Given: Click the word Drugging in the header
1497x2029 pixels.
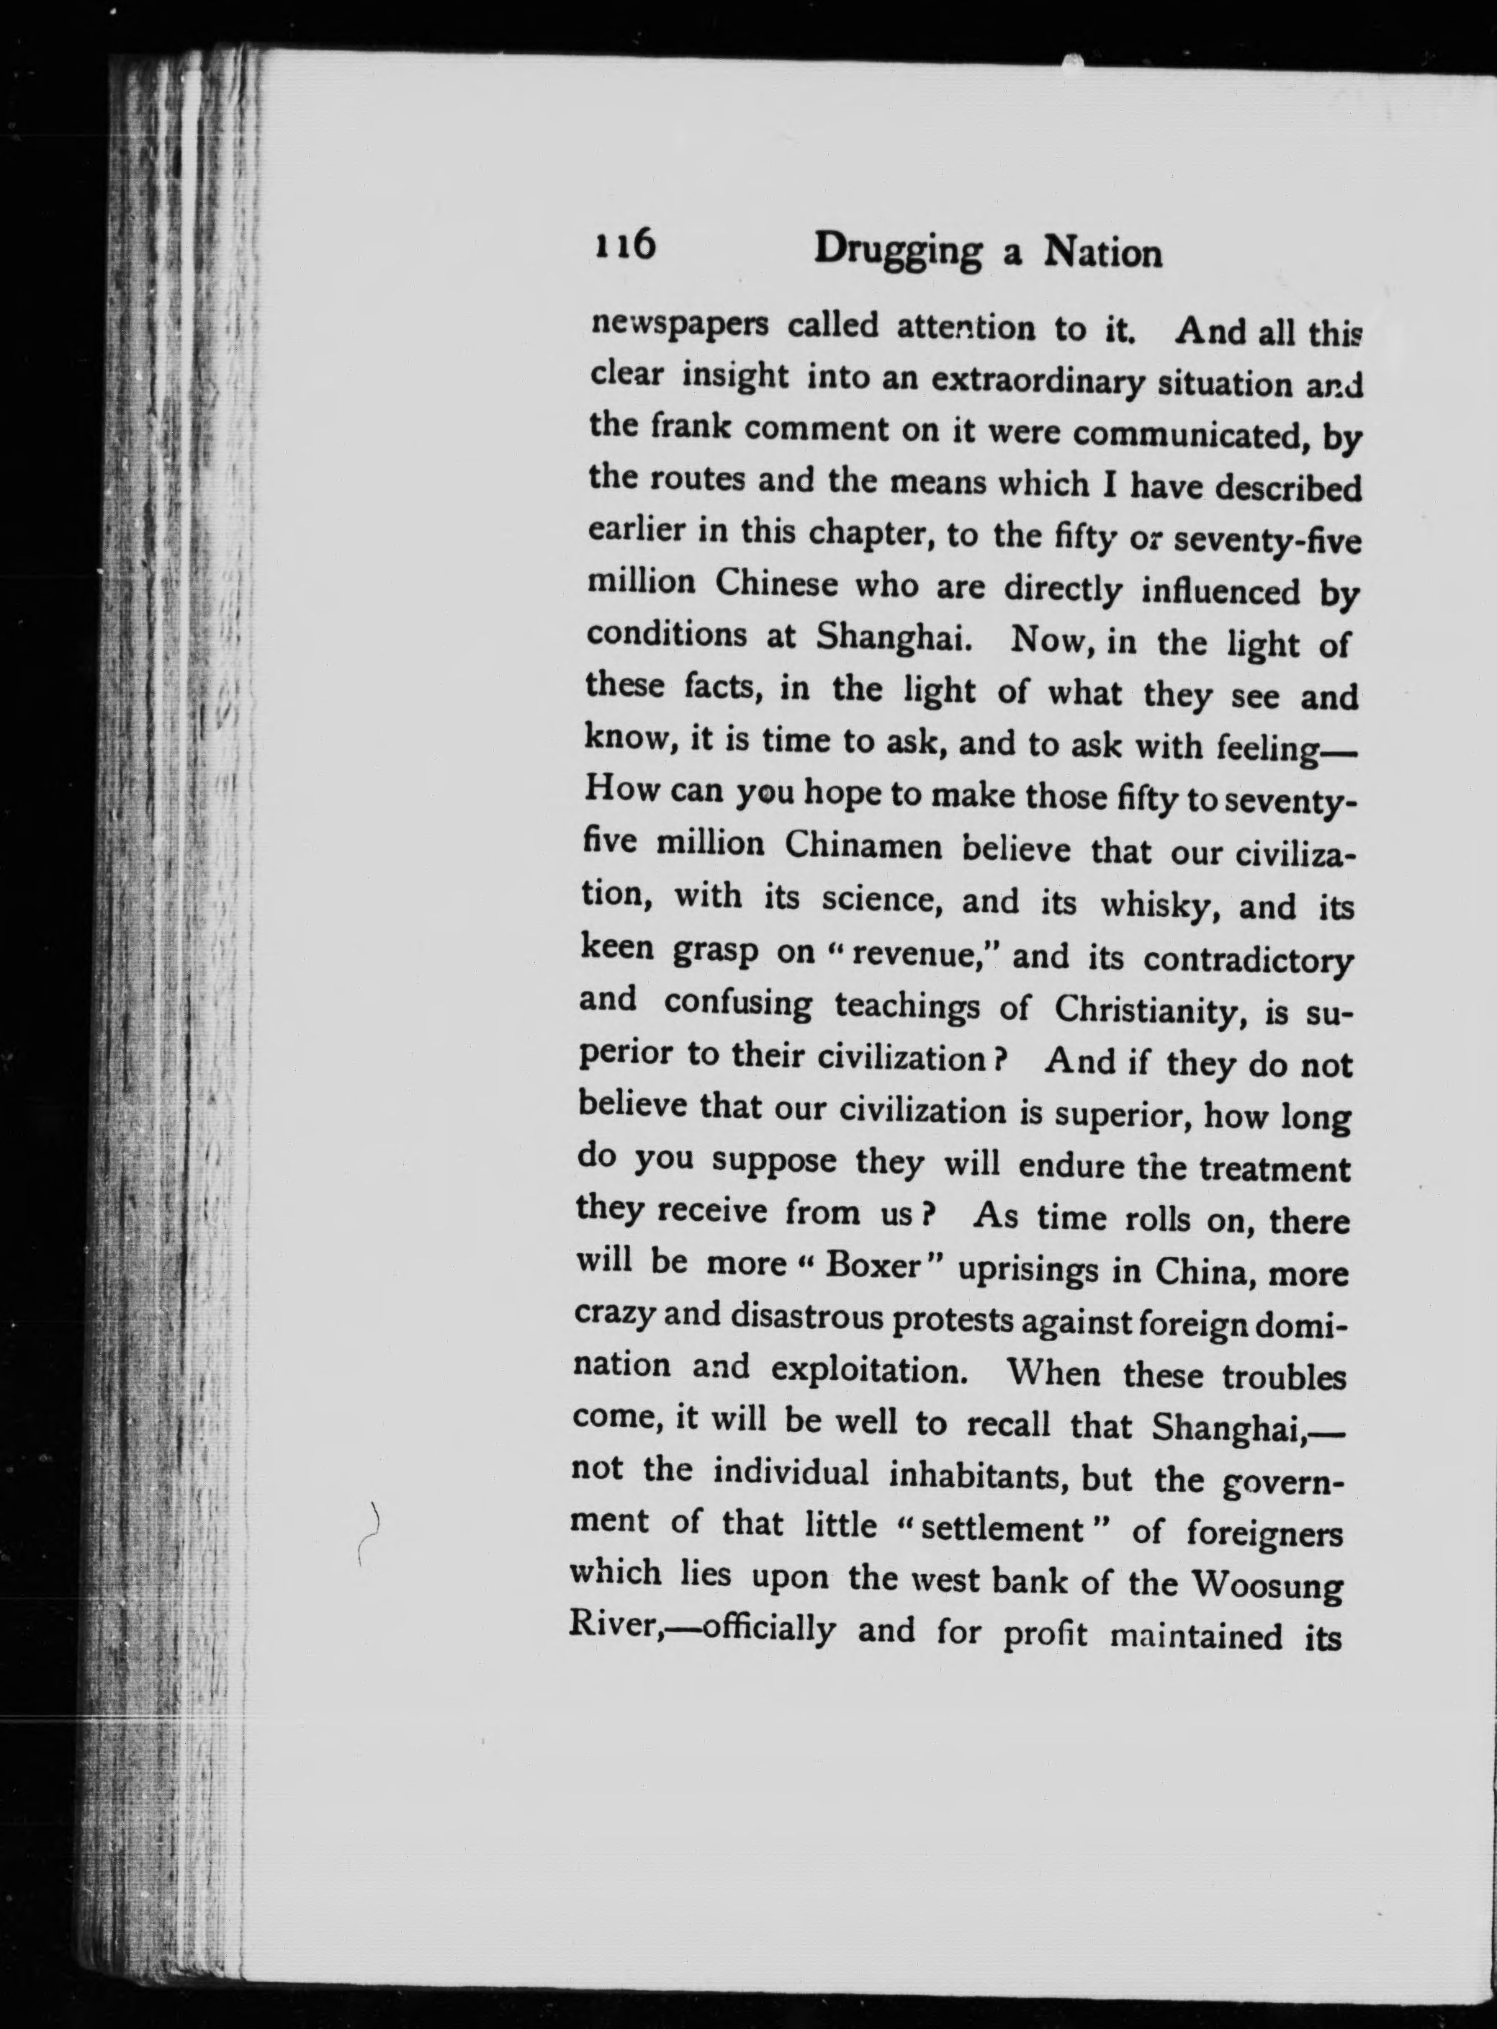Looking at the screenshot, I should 897,253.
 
